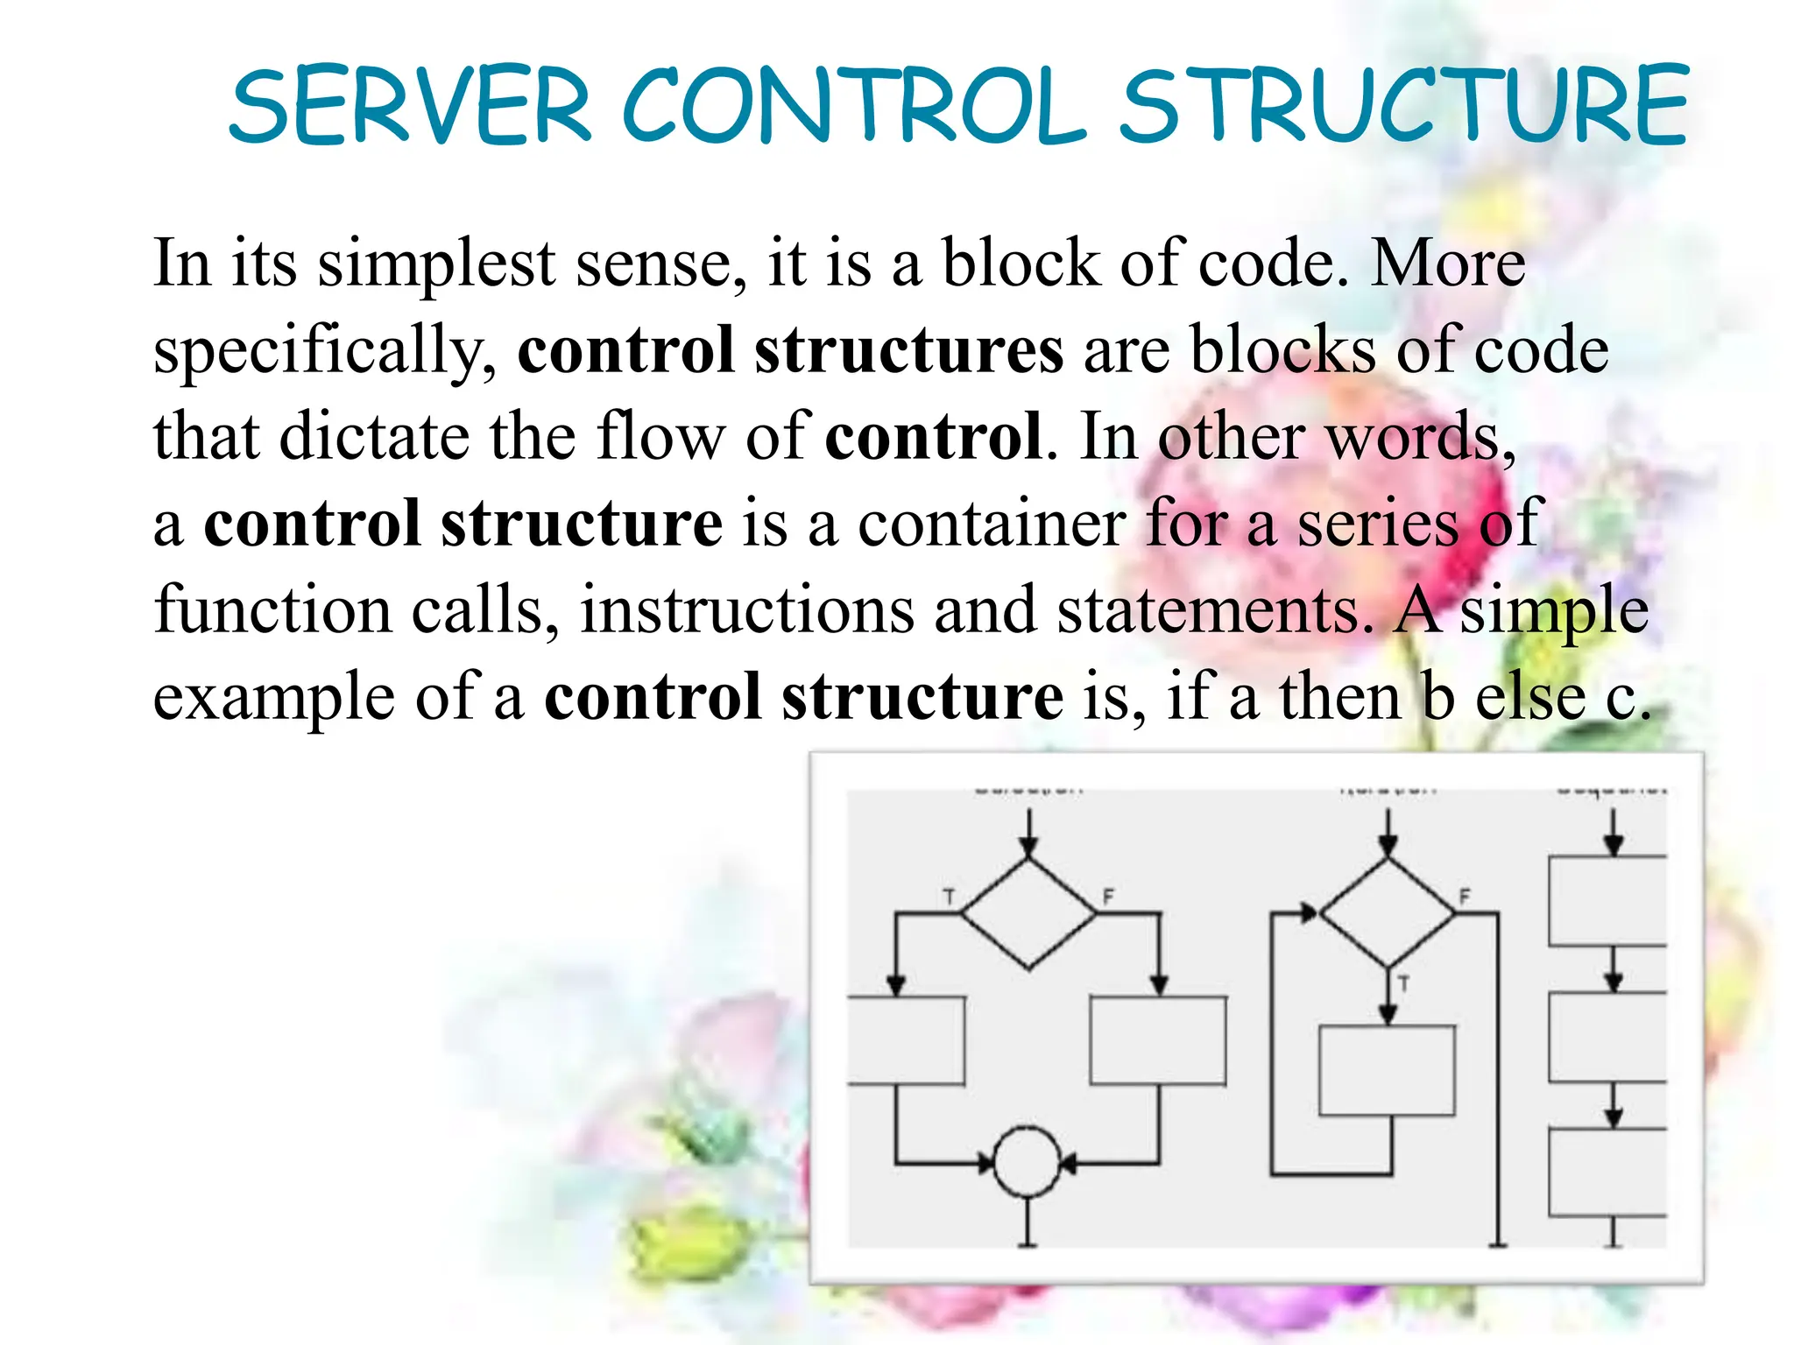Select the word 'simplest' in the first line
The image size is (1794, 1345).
pyautogui.click(x=435, y=264)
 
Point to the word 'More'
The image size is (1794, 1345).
pyautogui.click(x=1448, y=264)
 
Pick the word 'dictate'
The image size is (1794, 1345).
pyautogui.click(x=374, y=436)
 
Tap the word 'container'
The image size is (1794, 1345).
pyautogui.click(x=991, y=524)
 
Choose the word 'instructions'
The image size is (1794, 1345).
pyautogui.click(x=747, y=609)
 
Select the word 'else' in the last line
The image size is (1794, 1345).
pyautogui.click(x=1530, y=697)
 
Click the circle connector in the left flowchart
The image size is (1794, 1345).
pyautogui.click(x=1028, y=1162)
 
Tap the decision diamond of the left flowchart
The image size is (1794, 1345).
pyautogui.click(x=1028, y=913)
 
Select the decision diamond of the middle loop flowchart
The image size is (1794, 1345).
pyautogui.click(x=1387, y=913)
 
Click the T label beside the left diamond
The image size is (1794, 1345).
pyautogui.click(x=949, y=897)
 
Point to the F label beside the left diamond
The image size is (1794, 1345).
pyautogui.click(x=1108, y=897)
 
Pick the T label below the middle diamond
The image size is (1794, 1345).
pyautogui.click(x=1403, y=983)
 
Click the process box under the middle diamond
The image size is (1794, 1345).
pyautogui.click(x=1387, y=1070)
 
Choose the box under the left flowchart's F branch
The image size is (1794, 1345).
pyautogui.click(x=1158, y=1040)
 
